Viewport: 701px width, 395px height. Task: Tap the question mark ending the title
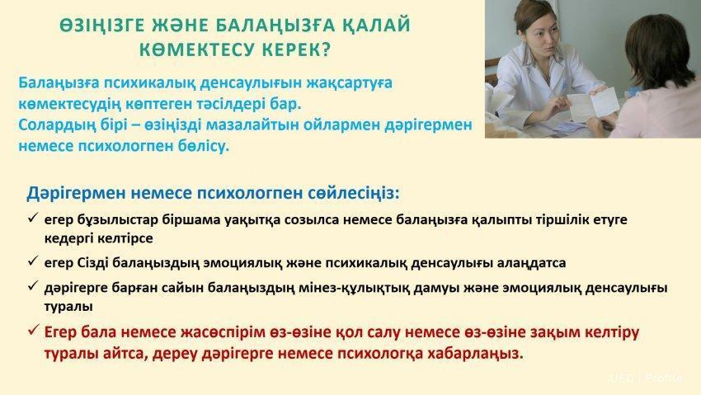coord(325,49)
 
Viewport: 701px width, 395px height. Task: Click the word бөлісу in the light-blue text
coord(205,146)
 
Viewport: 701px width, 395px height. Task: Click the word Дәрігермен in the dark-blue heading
coord(75,193)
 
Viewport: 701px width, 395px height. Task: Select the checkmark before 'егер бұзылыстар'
coord(33,219)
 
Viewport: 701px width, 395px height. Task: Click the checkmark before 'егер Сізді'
coord(33,261)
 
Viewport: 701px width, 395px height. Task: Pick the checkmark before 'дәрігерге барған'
coord(33,286)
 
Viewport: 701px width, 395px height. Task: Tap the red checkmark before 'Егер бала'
coord(33,332)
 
